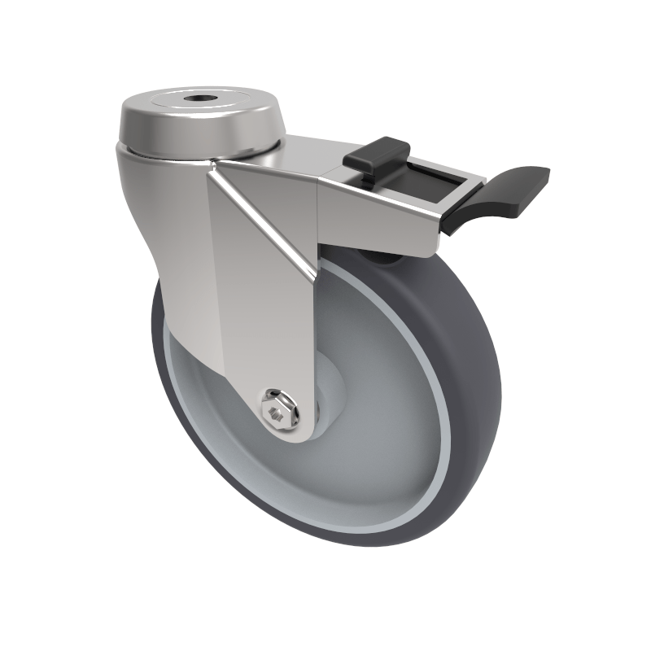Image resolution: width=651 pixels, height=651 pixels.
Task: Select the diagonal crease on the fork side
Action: [x=264, y=220]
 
